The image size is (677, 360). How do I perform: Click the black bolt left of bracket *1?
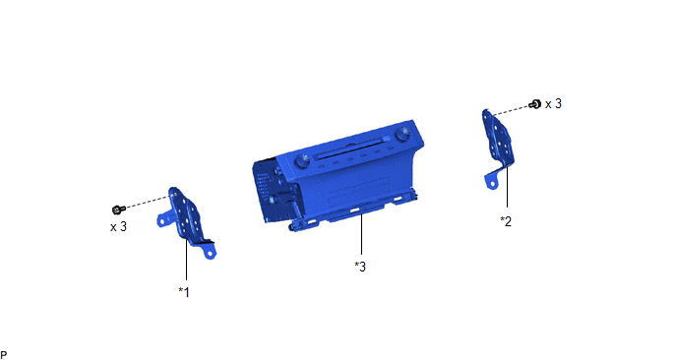(118, 210)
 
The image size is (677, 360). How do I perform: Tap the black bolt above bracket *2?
(535, 104)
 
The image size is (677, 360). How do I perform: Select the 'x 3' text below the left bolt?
(118, 226)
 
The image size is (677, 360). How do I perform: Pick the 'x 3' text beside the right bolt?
(553, 104)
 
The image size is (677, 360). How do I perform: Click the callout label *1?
(184, 292)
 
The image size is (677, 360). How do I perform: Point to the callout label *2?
(506, 221)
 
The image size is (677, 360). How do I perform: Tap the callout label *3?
(360, 267)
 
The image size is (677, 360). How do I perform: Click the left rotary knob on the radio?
(302, 161)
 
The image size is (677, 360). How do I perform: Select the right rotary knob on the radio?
(403, 134)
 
